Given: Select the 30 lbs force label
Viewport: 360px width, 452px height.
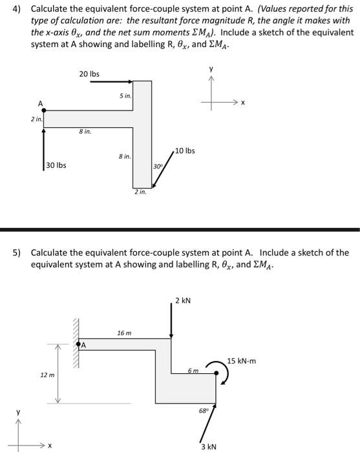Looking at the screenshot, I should point(56,165).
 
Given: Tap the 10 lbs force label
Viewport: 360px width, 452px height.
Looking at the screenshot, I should point(185,150).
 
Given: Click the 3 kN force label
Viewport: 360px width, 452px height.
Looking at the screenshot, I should point(208,446).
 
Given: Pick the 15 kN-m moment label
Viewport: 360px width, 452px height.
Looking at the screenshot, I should point(242,361).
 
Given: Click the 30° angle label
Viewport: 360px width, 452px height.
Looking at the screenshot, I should point(158,167).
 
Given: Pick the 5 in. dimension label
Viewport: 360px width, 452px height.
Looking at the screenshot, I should point(125,96).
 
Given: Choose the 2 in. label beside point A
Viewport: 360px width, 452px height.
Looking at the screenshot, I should point(36,119).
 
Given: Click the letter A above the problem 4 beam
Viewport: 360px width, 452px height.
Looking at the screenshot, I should point(40,103).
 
